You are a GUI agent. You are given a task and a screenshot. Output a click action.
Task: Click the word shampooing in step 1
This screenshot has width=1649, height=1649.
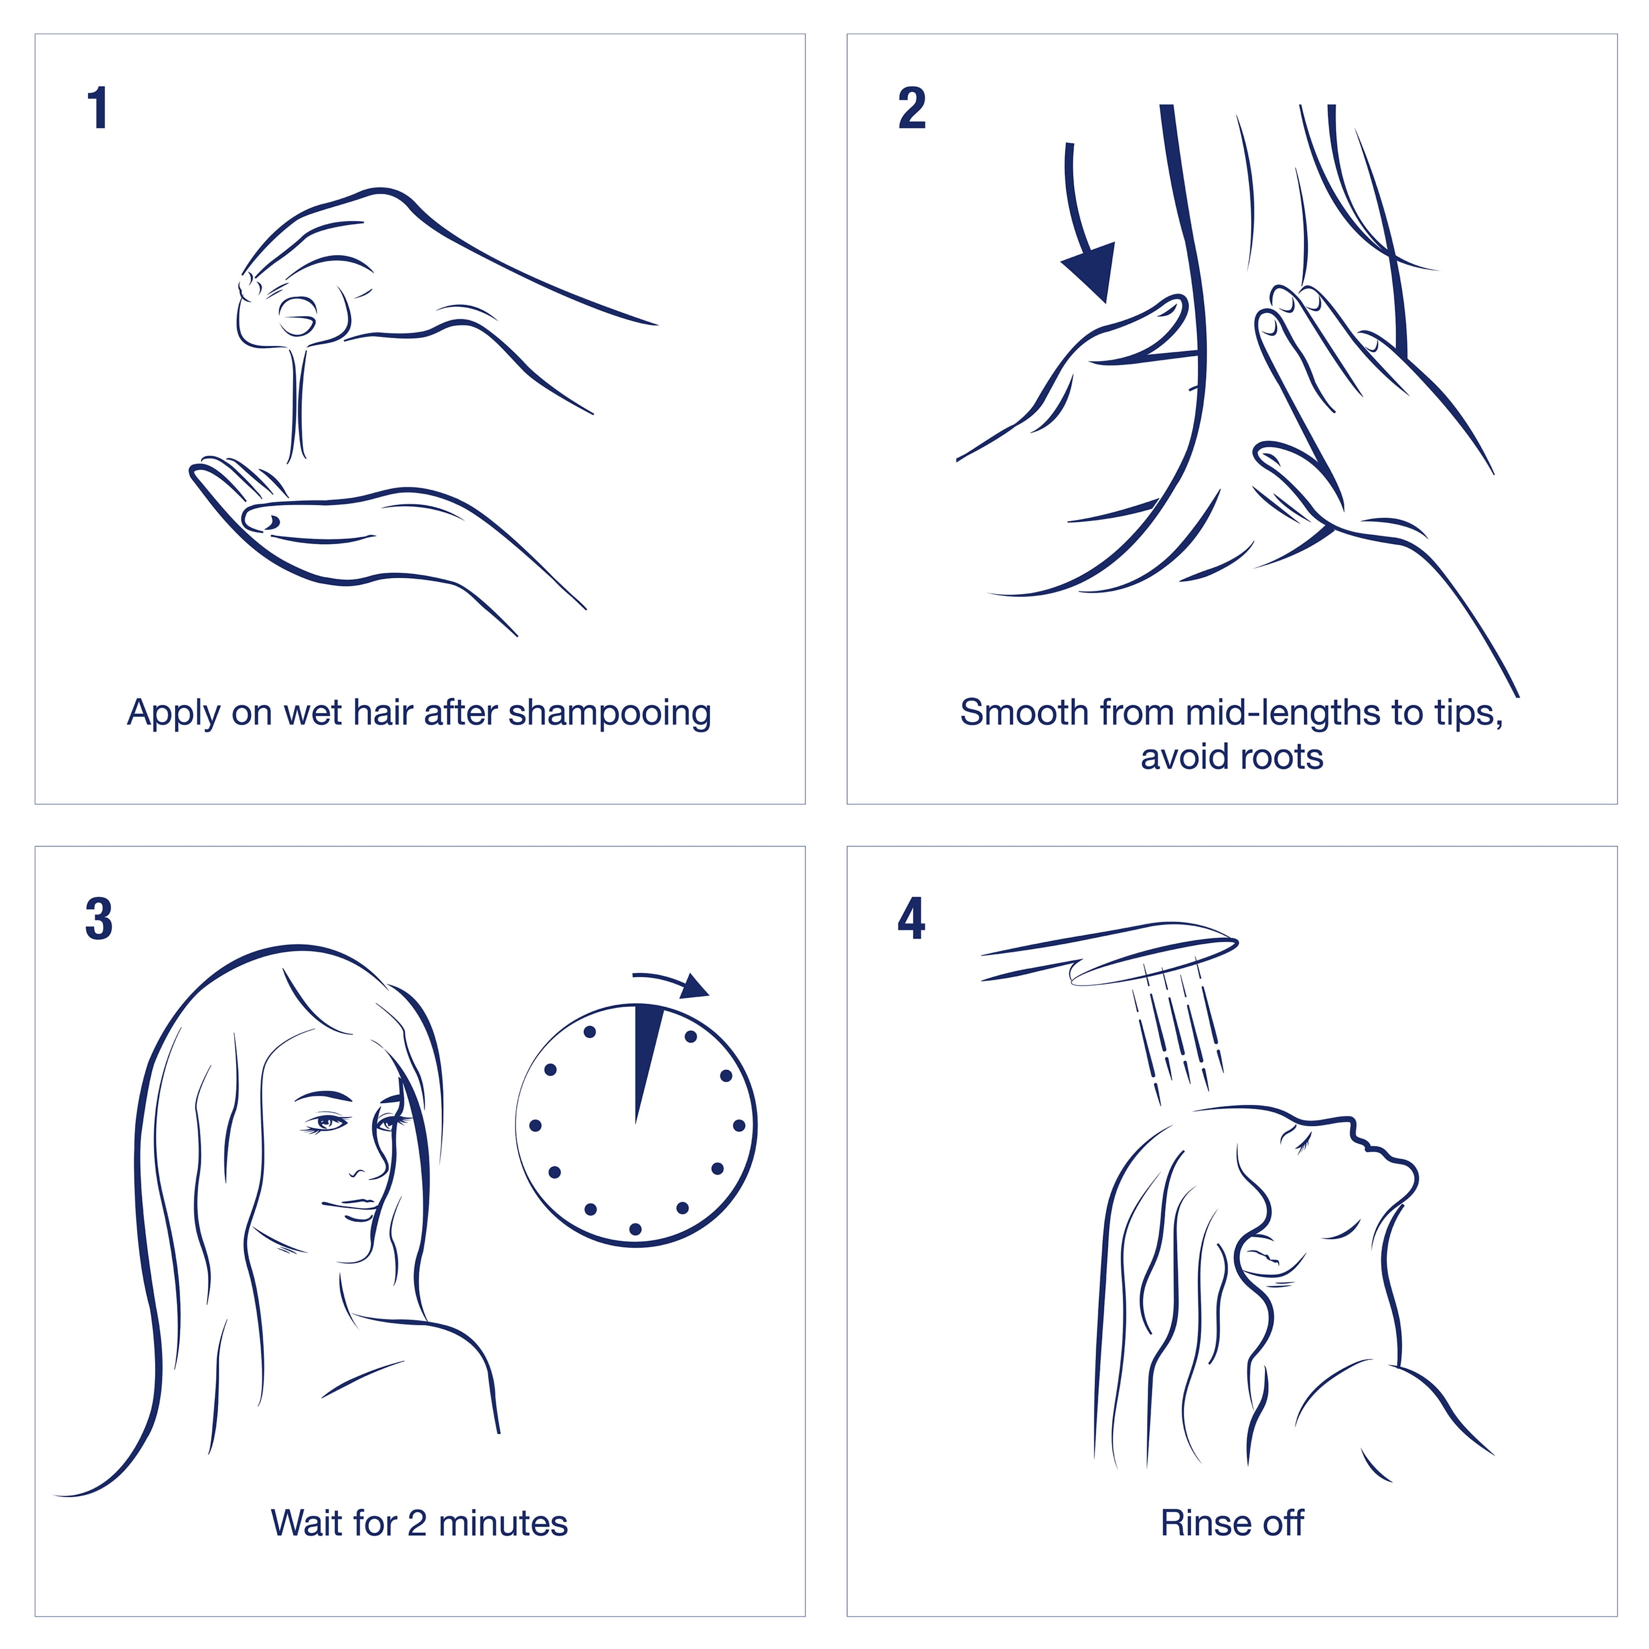pyautogui.click(x=610, y=713)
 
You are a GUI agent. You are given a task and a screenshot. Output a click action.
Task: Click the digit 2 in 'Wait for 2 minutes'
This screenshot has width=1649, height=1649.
pyautogui.click(x=417, y=1524)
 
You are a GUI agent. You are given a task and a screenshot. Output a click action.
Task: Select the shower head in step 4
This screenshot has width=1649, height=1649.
pyautogui.click(x=1110, y=953)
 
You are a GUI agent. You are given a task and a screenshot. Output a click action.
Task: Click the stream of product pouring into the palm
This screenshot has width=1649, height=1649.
pyautogui.click(x=298, y=401)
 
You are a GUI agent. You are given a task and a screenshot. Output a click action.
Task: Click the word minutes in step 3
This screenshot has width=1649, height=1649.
pyautogui.click(x=503, y=1524)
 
